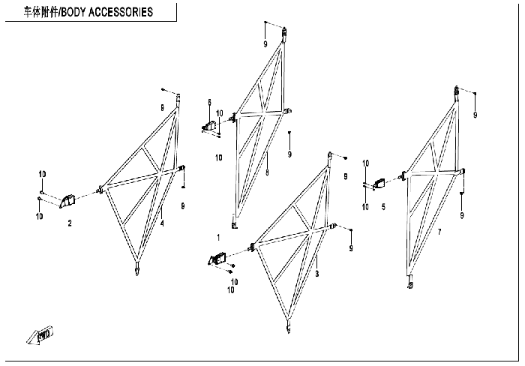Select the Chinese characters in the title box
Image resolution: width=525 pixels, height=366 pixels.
(40, 12)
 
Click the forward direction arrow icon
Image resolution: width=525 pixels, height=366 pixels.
(40, 336)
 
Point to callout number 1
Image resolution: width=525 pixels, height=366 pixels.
(218, 237)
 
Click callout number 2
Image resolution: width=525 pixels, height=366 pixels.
(70, 223)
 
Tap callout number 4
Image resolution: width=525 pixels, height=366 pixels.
(162, 222)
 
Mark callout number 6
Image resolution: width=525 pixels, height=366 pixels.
(210, 102)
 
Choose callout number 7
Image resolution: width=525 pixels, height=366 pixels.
(439, 231)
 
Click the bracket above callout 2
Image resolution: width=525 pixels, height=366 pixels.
(69, 199)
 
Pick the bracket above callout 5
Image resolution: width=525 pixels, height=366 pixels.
(380, 183)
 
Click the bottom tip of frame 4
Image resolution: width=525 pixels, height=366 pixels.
(136, 271)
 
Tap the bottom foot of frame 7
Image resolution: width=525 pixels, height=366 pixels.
(410, 284)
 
